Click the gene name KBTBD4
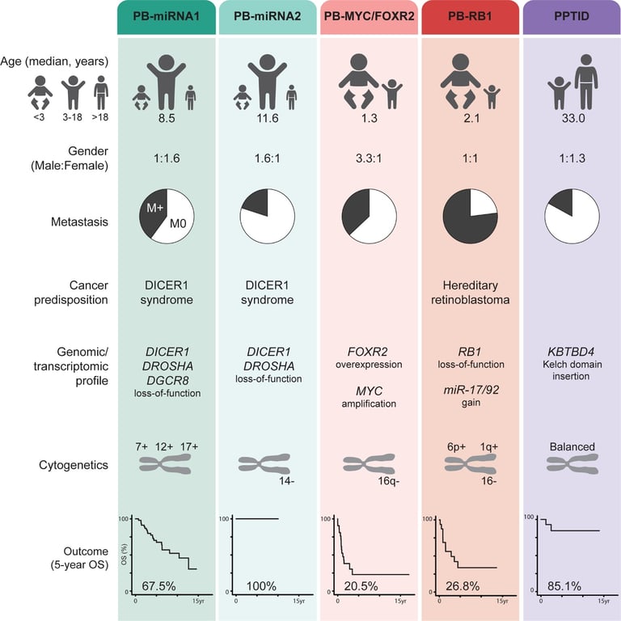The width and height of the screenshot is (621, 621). point(569,353)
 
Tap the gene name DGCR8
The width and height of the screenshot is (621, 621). point(166,380)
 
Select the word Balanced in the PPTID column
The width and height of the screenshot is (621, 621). point(569,446)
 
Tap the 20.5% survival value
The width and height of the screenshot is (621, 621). point(361,585)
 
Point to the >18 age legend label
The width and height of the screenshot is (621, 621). point(101,115)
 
